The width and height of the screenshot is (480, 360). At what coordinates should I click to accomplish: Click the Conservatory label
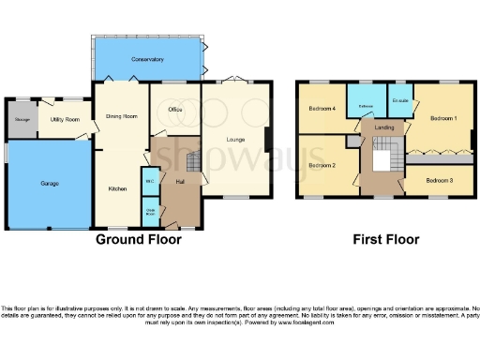tap(148, 60)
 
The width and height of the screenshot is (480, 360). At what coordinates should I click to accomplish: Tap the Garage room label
tap(50, 184)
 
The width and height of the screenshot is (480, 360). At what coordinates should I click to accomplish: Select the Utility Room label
tap(65, 120)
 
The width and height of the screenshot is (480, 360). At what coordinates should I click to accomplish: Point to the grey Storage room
tap(21, 119)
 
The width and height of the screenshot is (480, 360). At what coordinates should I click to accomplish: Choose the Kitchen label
tap(117, 188)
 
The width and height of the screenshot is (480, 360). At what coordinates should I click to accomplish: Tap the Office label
tap(174, 110)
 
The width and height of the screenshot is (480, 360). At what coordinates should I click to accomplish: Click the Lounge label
tap(234, 140)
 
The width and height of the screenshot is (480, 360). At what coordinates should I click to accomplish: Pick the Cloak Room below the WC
tap(149, 210)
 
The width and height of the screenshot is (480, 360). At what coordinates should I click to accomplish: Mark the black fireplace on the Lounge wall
tap(267, 140)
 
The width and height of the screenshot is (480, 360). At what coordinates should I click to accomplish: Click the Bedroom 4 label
tap(322, 109)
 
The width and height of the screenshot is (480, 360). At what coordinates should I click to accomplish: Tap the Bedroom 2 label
tap(322, 165)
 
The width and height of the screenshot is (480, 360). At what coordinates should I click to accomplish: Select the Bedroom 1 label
tap(443, 119)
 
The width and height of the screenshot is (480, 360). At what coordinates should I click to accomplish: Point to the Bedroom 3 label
tap(439, 180)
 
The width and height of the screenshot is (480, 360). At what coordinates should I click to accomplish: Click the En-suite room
tap(400, 101)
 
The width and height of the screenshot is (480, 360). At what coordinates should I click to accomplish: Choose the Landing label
tap(383, 127)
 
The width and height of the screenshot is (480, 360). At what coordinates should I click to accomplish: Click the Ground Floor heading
tap(139, 240)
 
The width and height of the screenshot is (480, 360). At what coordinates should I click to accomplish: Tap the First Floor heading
tap(385, 240)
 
